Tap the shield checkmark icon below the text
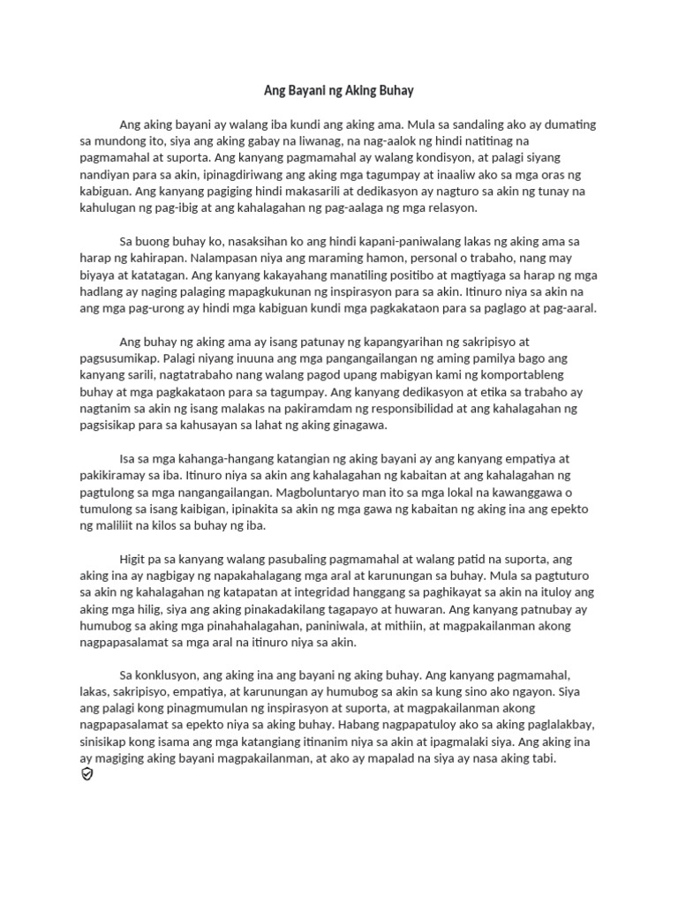pos(87,774)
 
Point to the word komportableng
pos(513,374)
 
